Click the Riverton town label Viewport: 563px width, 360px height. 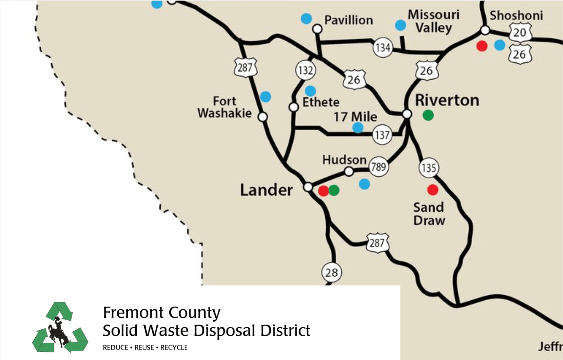447,101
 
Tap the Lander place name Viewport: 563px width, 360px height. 266,190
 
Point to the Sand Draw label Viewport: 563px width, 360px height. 429,214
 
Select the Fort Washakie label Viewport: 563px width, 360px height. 225,107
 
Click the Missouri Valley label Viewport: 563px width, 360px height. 433,21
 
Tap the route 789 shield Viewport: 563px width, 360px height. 378,167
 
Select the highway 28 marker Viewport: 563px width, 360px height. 331,272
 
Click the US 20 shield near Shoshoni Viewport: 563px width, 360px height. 520,32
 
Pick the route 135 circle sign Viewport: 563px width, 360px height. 428,168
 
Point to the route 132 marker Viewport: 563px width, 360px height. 305,70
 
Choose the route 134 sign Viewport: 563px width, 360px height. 383,48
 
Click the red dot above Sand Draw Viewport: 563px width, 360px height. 433,190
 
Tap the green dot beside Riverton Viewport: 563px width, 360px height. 428,115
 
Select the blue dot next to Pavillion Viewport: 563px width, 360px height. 306,18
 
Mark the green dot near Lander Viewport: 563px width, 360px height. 334,190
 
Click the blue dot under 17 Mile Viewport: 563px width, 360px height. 358,128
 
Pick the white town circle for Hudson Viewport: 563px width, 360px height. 348,172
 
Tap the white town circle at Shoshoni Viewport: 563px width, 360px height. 485,30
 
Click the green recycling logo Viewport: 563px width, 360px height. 60,327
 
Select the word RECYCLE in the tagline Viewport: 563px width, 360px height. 174,347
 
